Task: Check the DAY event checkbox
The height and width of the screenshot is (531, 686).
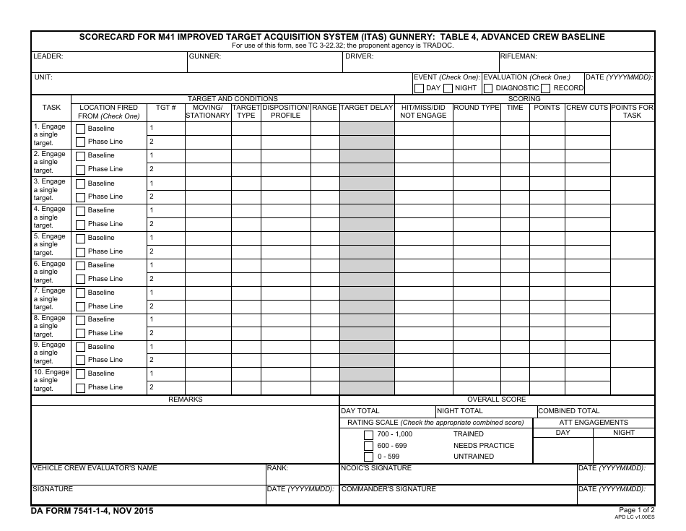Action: coord(419,88)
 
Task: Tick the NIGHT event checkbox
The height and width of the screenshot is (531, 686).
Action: coord(448,88)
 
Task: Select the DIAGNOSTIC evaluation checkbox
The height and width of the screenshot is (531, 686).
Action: coord(488,88)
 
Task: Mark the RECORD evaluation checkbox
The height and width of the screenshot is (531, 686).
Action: coord(546,88)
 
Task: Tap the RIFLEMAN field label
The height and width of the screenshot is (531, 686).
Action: coord(518,56)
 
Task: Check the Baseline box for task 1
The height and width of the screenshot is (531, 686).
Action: coord(81,129)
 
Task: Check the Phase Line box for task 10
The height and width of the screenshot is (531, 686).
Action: coord(81,388)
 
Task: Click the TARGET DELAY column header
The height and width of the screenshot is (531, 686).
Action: coord(367,108)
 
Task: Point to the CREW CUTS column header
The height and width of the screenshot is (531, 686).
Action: coord(587,108)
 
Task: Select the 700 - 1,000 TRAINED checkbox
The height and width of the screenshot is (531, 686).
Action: coord(369,434)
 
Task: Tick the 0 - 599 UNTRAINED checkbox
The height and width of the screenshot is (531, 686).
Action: coord(369,457)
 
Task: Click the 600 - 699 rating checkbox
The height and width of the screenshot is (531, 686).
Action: coord(369,446)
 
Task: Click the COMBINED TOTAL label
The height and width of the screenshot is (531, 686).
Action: coord(569,411)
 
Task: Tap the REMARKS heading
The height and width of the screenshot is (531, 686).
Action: coord(186,400)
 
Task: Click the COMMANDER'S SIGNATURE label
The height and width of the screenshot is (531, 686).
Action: coord(388,489)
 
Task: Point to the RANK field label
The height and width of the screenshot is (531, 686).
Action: coord(278,468)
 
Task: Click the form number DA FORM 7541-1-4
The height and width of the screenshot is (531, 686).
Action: coord(92,511)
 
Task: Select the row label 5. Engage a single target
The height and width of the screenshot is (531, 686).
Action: coord(49,245)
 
